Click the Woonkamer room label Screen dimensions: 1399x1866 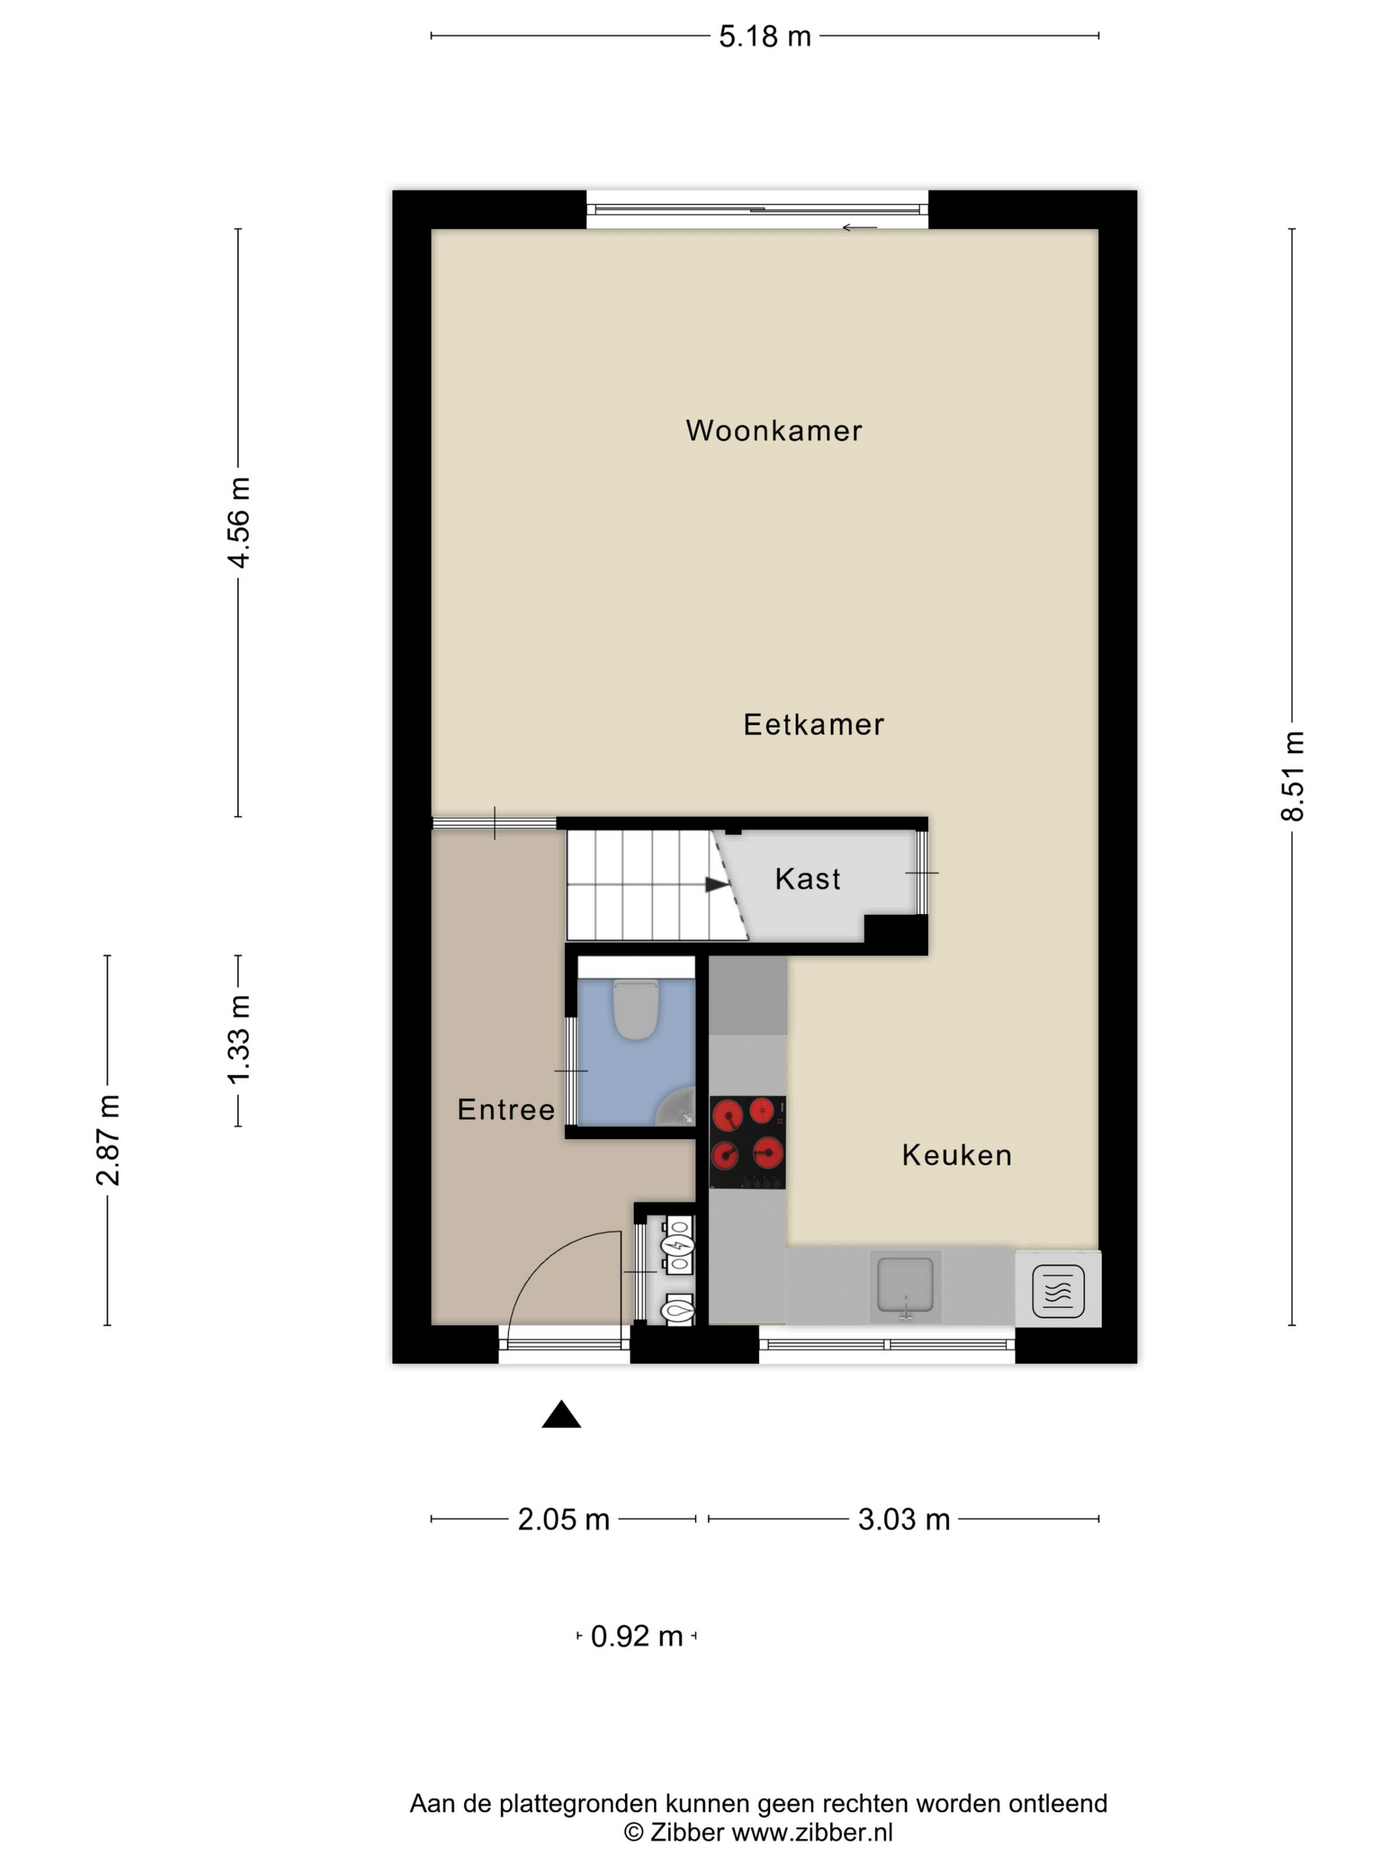click(x=773, y=431)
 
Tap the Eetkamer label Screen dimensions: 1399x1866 click(x=813, y=724)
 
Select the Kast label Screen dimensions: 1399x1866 click(x=807, y=879)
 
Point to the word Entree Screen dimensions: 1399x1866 click(x=506, y=1110)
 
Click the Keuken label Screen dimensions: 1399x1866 click(x=956, y=1155)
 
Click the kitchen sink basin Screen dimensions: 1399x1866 click(x=905, y=1285)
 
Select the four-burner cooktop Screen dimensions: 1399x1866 click(x=747, y=1142)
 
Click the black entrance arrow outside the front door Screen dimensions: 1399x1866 click(x=561, y=1415)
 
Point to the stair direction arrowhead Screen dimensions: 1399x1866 click(x=717, y=884)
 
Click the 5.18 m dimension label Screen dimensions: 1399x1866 click(x=764, y=36)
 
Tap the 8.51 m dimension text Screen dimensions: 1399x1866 click(x=1291, y=776)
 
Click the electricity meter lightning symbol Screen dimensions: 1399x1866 click(x=677, y=1245)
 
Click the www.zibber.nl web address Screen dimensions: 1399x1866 click(x=811, y=1831)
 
